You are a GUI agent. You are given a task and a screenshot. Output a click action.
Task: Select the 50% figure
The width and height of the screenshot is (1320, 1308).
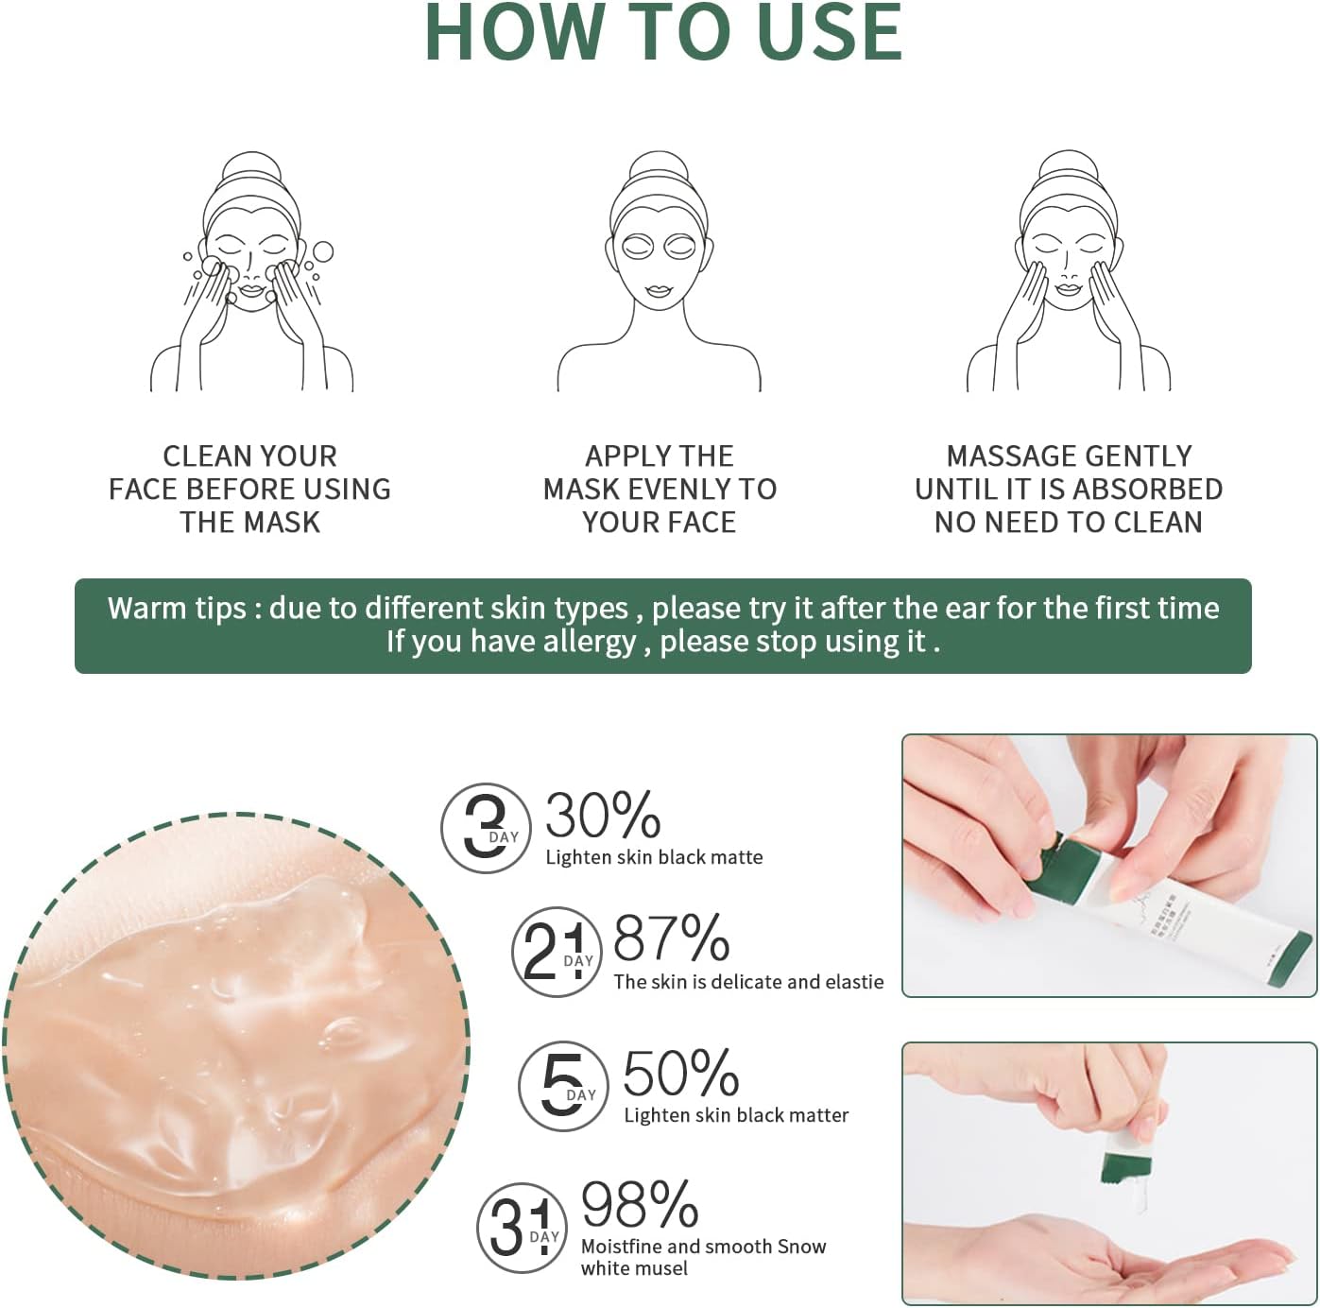(680, 1074)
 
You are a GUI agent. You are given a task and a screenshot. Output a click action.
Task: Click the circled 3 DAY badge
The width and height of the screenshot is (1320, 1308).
(486, 828)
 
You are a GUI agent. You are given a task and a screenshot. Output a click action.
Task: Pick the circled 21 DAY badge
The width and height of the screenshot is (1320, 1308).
(557, 952)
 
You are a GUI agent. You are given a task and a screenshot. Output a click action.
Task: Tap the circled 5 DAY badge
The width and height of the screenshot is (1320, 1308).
(563, 1086)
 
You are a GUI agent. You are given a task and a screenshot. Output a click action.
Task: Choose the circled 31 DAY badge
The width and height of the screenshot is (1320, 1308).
(521, 1228)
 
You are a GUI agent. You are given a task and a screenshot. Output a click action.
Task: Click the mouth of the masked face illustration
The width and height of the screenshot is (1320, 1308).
(658, 291)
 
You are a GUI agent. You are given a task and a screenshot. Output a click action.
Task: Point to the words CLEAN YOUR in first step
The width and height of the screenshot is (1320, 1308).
(249, 456)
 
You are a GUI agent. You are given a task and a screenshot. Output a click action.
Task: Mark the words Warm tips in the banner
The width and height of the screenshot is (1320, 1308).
(177, 608)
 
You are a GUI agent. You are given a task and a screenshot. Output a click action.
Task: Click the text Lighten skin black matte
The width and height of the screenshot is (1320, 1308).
(654, 857)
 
